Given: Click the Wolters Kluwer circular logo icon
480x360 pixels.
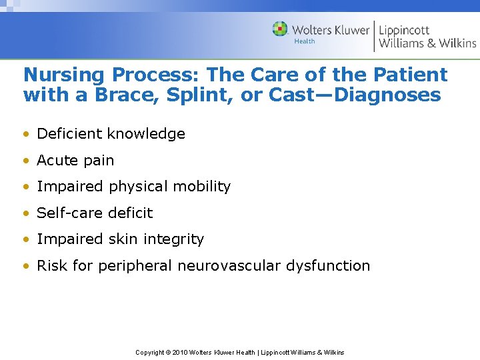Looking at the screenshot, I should tap(280, 29).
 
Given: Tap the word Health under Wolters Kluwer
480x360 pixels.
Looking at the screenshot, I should tap(305, 41).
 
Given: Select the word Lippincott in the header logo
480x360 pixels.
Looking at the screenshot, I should tap(405, 30).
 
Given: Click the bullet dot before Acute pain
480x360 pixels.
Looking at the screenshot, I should tap(26, 161).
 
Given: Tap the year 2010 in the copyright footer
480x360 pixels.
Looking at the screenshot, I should tap(181, 352).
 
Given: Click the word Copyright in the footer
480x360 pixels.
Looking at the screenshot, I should tap(150, 352).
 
